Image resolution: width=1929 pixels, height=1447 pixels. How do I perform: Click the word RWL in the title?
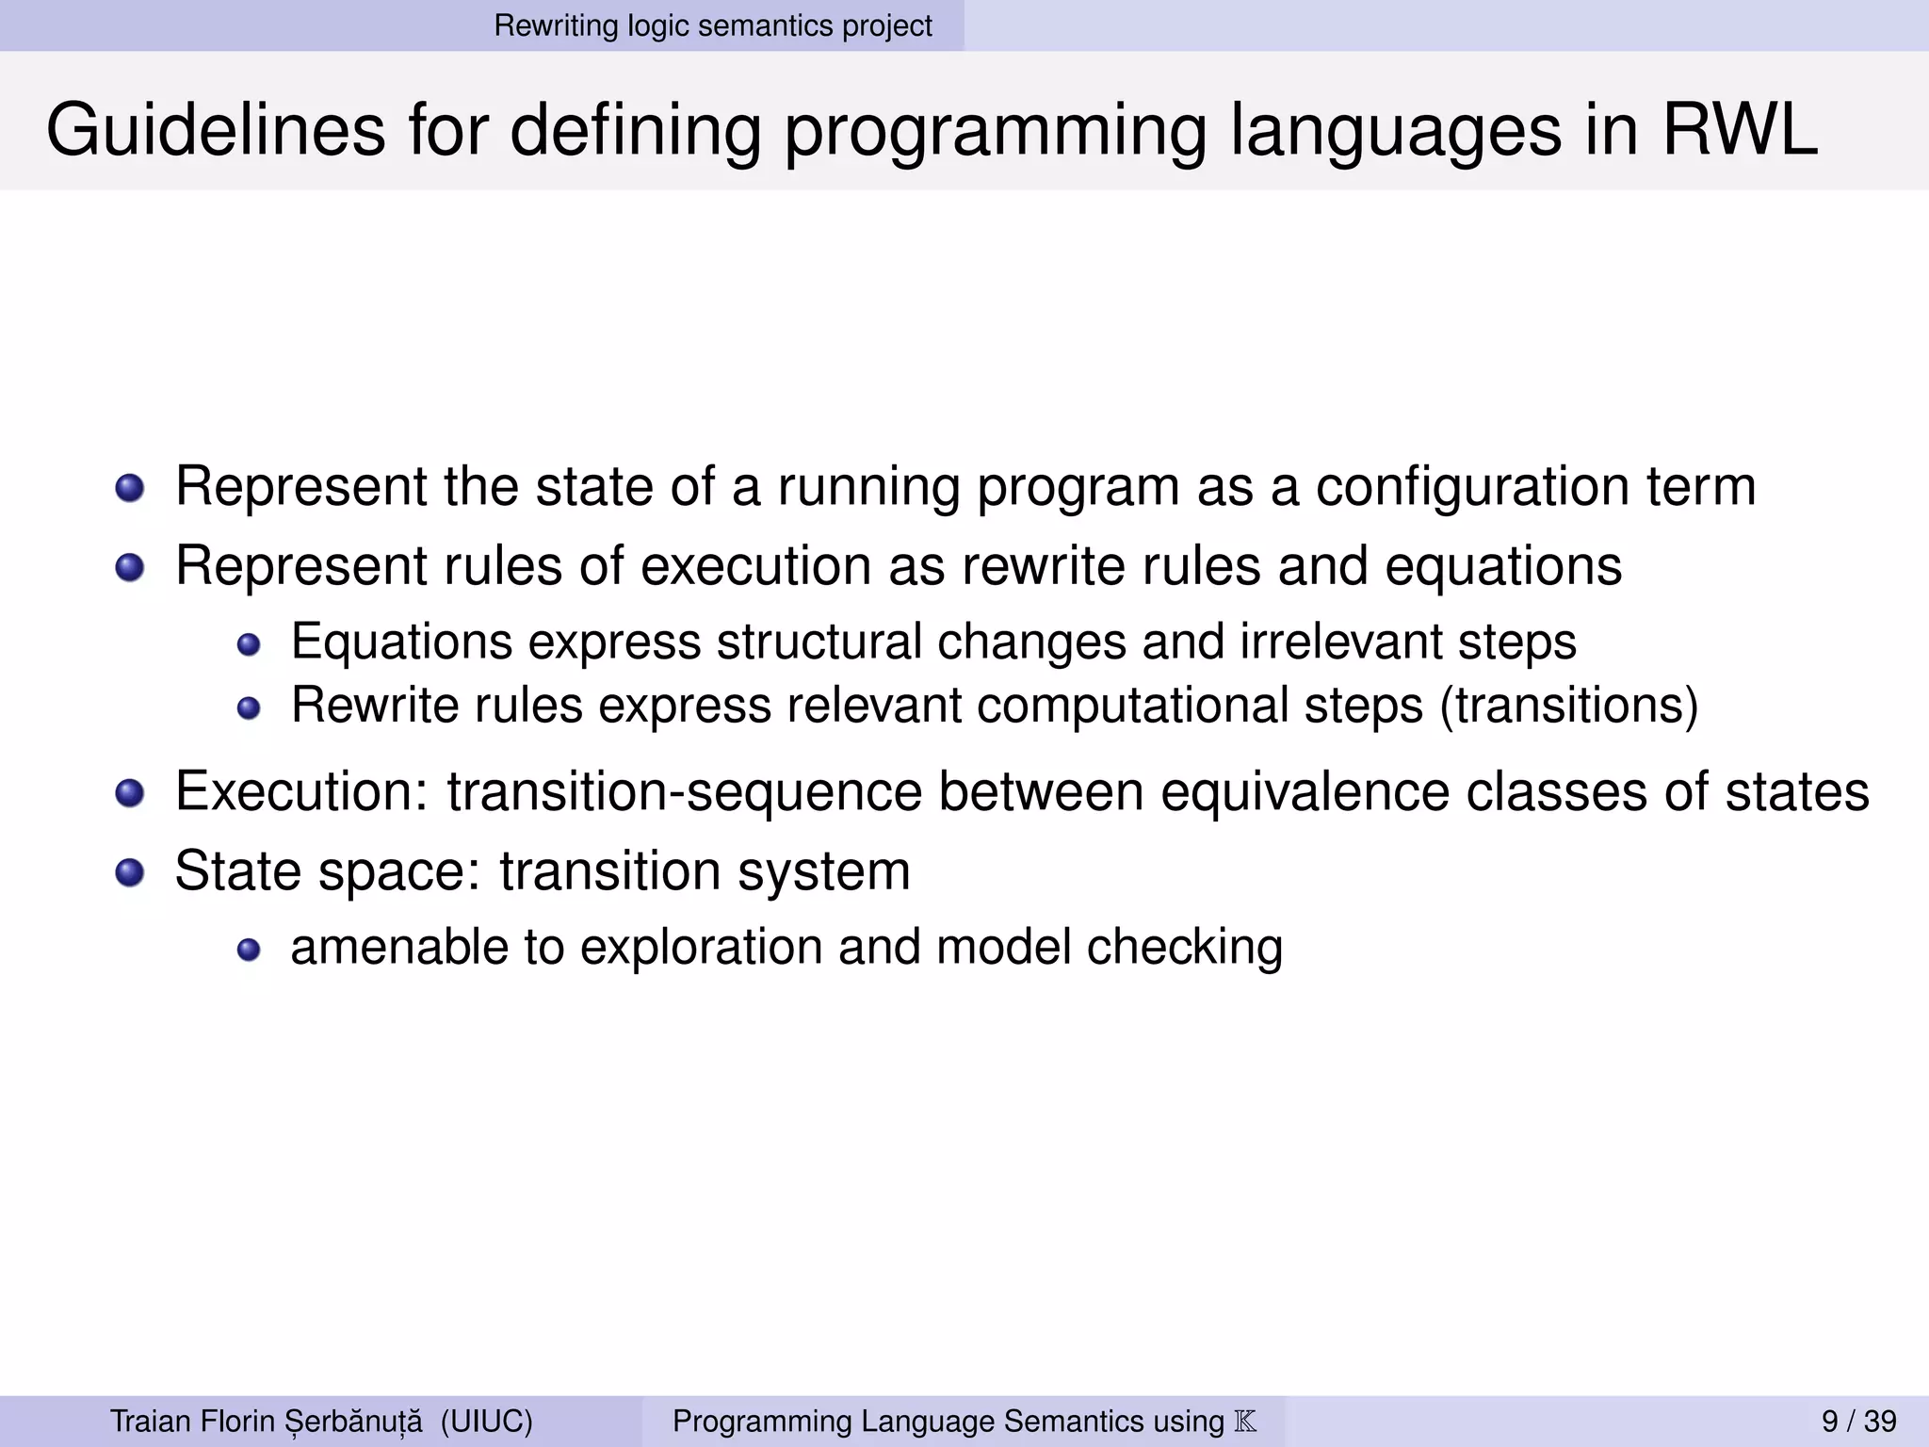(1739, 130)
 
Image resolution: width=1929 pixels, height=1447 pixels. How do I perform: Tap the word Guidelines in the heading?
(215, 130)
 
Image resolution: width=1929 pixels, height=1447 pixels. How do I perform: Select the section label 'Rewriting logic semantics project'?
(712, 25)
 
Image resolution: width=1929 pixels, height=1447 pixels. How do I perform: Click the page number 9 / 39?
(1858, 1421)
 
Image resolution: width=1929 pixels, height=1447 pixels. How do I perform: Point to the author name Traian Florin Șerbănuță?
(266, 1421)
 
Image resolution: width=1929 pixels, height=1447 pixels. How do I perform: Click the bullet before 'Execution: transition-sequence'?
(129, 793)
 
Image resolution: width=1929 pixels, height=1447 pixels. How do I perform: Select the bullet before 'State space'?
(129, 872)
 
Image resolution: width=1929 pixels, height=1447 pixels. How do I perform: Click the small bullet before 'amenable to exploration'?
(248, 950)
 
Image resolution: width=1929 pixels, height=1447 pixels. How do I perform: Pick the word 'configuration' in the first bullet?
(1472, 487)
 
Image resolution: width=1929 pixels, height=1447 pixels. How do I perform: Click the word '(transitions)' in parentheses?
(1568, 705)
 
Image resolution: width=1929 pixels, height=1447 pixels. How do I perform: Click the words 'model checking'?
(1109, 947)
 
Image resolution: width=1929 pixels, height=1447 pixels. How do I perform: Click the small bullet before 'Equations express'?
(248, 645)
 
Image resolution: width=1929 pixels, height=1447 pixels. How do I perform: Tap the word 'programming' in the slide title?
(995, 130)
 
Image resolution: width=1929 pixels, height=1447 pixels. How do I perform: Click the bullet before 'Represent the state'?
(129, 489)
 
